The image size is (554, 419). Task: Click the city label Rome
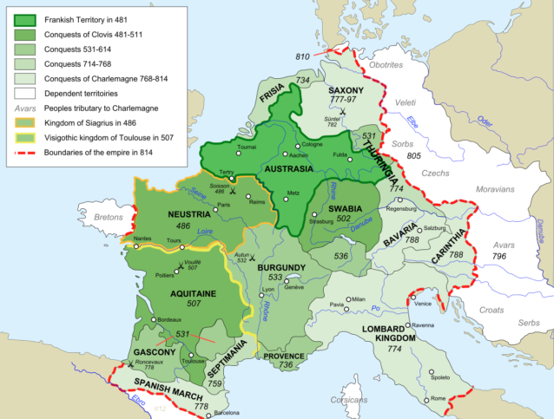(439, 397)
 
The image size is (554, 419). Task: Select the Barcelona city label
(226, 413)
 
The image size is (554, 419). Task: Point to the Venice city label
(423, 303)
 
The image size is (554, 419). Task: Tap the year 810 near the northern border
(302, 56)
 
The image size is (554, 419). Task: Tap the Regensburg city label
(408, 208)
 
